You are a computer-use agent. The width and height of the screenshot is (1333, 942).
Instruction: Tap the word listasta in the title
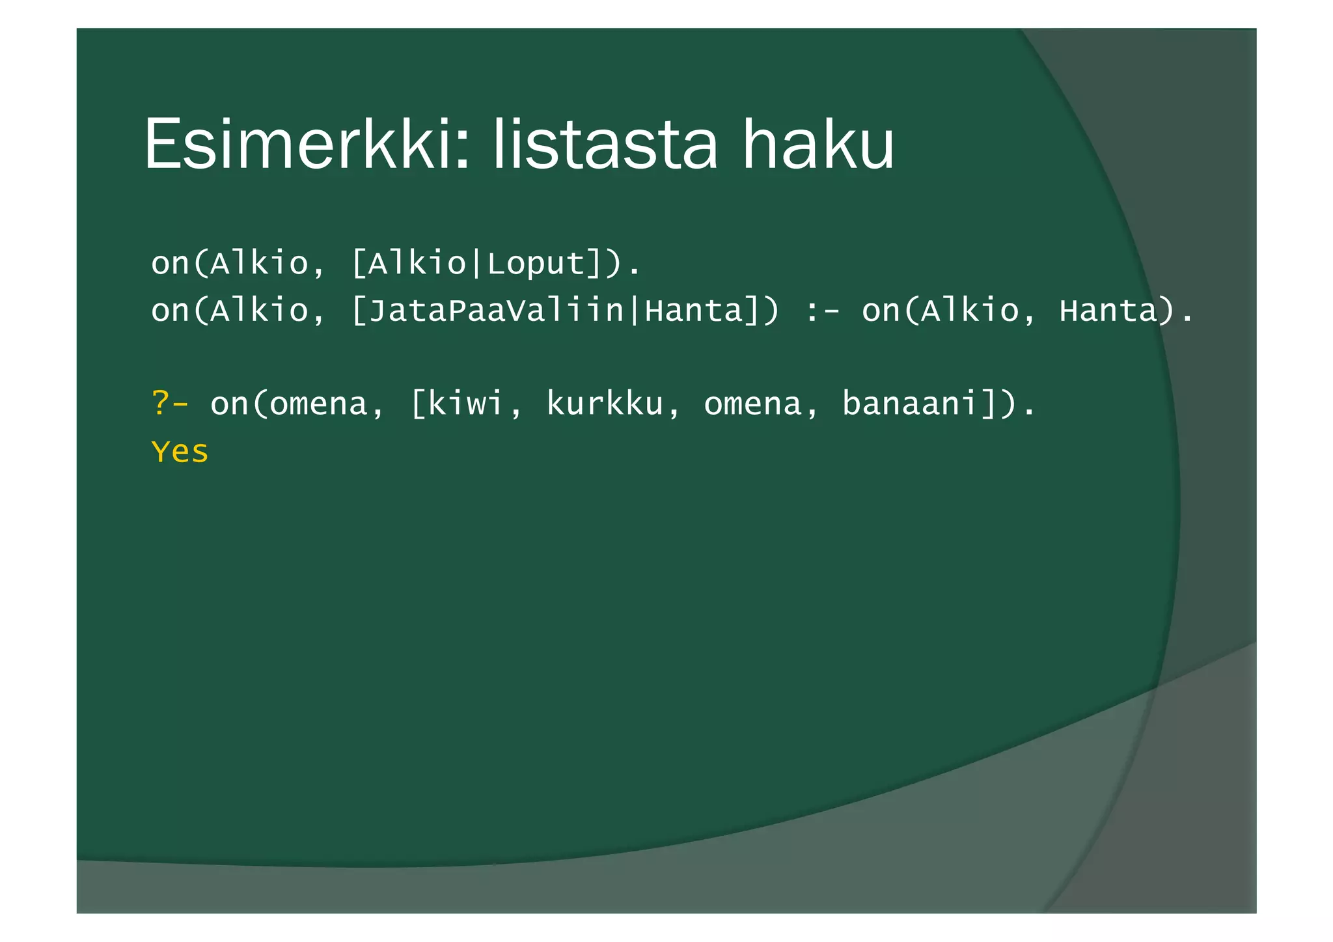point(605,144)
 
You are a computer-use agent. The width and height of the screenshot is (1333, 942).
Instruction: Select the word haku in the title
point(818,144)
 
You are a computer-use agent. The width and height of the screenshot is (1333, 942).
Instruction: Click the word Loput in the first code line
point(536,264)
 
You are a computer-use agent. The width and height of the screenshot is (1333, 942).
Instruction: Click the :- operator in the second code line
point(821,311)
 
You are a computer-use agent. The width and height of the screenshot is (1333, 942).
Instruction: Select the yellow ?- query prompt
point(169,404)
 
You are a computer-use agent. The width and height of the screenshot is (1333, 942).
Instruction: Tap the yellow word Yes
point(180,452)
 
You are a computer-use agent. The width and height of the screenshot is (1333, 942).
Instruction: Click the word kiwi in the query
point(466,404)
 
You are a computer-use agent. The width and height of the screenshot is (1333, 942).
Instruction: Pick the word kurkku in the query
point(604,404)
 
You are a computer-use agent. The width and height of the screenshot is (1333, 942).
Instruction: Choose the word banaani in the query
point(911,404)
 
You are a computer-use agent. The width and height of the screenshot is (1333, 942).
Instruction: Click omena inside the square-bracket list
point(752,404)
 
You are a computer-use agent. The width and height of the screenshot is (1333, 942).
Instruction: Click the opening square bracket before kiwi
point(417,404)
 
